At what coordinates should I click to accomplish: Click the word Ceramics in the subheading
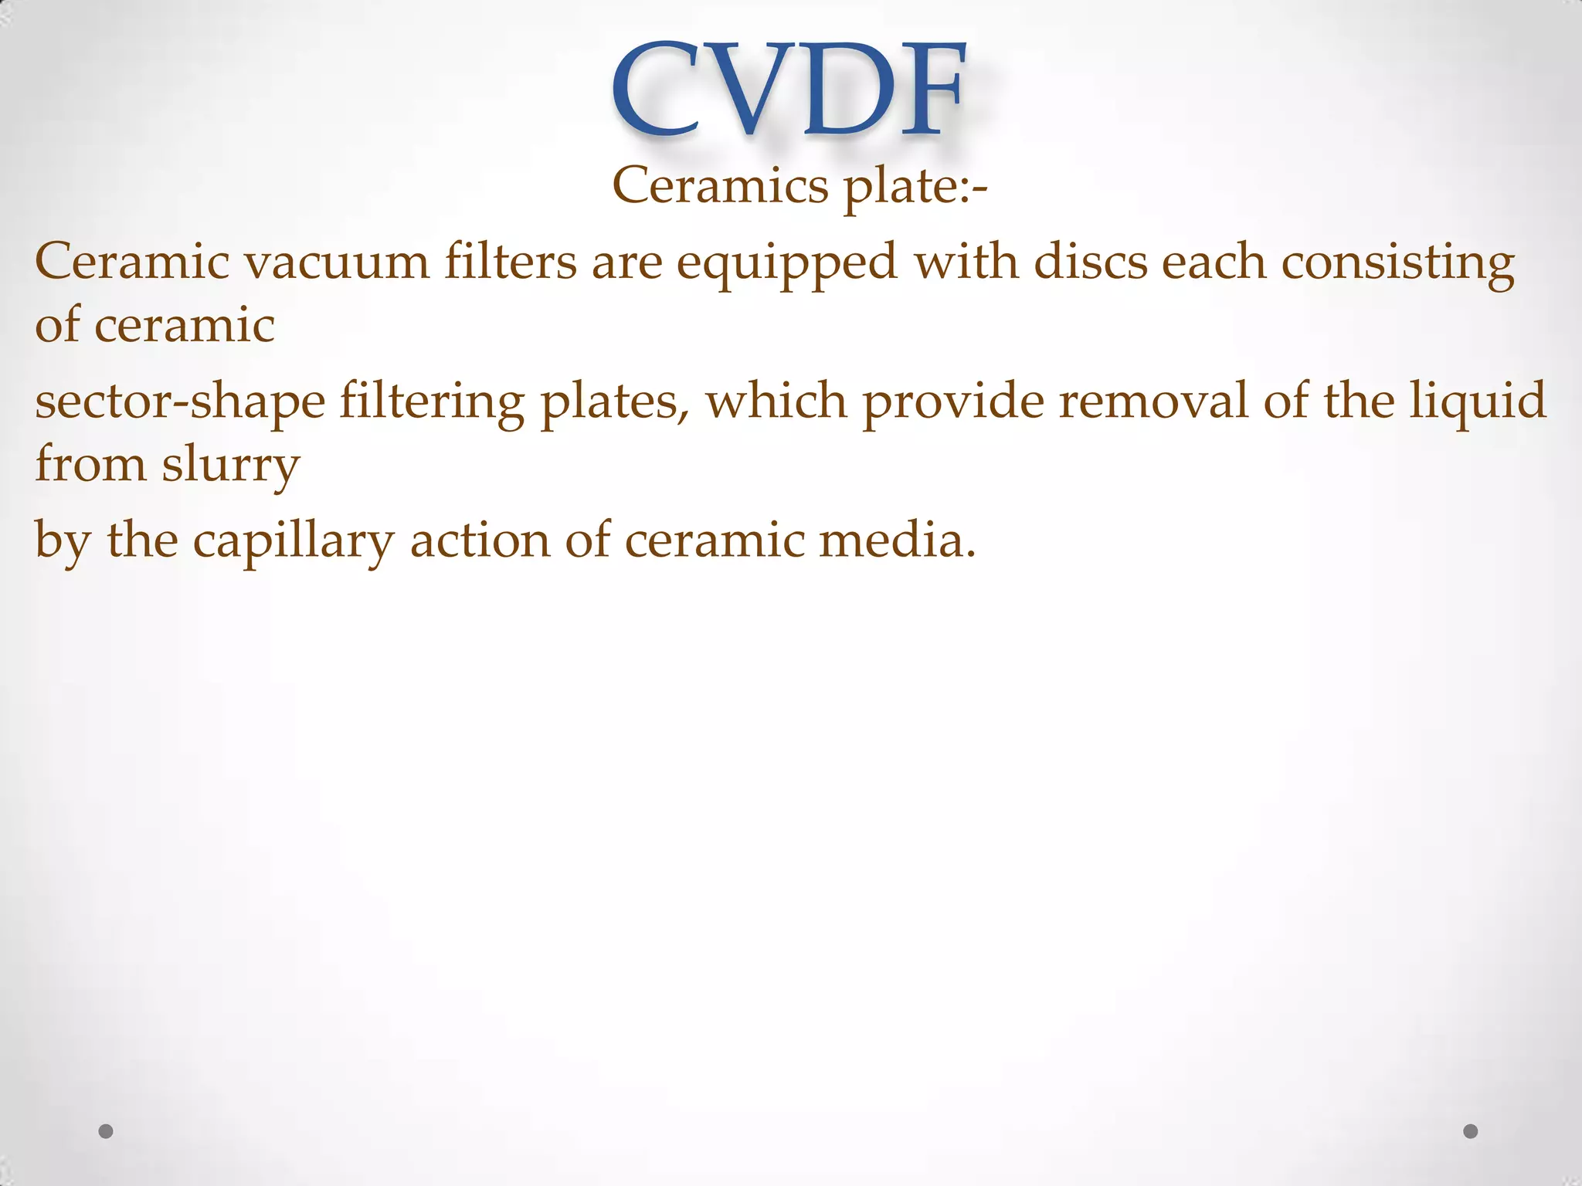tap(718, 186)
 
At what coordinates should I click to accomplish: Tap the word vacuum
tap(337, 262)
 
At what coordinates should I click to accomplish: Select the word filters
tap(510, 262)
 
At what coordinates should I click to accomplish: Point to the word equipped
tap(786, 263)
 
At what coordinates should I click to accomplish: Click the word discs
tap(1090, 262)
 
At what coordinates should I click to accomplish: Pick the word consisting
tap(1397, 263)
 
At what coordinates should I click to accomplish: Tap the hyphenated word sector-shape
tap(180, 402)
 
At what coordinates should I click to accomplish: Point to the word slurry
tap(230, 466)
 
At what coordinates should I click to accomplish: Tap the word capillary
tap(294, 541)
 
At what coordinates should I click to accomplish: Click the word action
tap(480, 540)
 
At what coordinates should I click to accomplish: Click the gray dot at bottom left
tap(107, 1131)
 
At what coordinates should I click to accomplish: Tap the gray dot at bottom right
tap(1471, 1131)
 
